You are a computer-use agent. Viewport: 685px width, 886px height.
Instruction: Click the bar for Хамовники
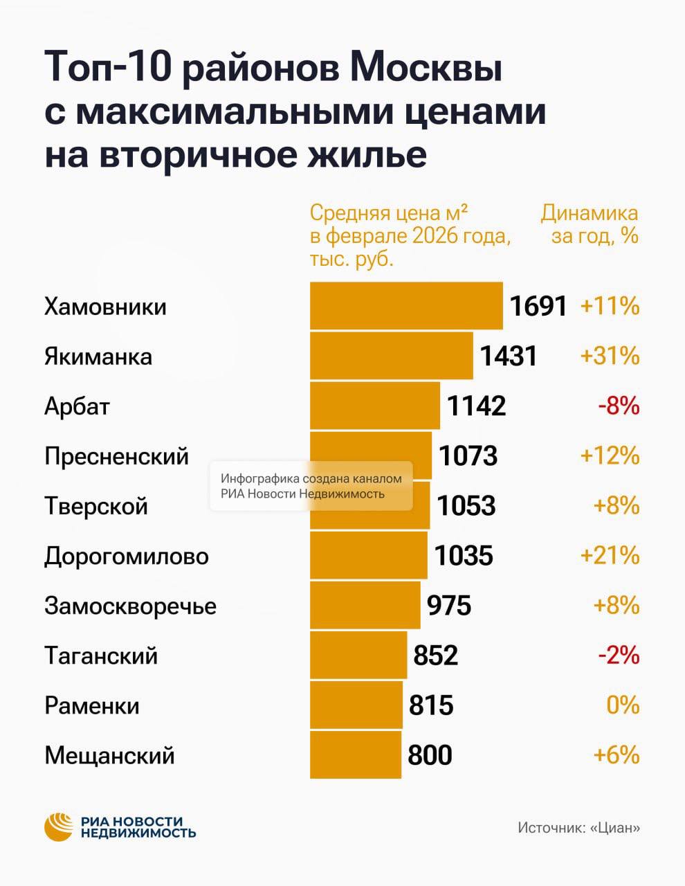click(406, 306)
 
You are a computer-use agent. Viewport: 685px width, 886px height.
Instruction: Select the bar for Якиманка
click(391, 356)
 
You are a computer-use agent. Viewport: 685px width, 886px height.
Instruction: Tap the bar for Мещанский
click(355, 754)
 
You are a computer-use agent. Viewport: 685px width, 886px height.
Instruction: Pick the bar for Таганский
click(358, 655)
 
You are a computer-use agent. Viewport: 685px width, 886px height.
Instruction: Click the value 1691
click(538, 306)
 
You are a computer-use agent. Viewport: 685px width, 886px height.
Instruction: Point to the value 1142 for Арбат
click(477, 406)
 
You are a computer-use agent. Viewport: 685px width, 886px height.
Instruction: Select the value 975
click(448, 605)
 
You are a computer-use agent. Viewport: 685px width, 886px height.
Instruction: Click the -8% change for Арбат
click(618, 406)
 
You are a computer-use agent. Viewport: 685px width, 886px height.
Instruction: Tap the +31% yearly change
click(610, 356)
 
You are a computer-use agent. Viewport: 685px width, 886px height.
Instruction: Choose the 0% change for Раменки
click(623, 705)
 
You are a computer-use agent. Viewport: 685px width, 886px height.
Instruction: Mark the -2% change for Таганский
click(618, 655)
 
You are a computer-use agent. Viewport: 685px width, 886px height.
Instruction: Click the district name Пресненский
click(116, 456)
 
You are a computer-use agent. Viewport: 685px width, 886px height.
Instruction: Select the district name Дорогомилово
click(127, 556)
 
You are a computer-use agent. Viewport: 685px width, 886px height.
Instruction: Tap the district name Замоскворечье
click(130, 606)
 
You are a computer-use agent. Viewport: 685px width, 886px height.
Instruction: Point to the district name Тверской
click(96, 506)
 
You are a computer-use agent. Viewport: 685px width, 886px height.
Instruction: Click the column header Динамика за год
click(590, 224)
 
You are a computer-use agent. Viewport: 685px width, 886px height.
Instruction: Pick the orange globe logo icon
click(59, 826)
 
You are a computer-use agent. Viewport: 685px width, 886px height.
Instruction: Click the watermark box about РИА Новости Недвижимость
click(311, 486)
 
